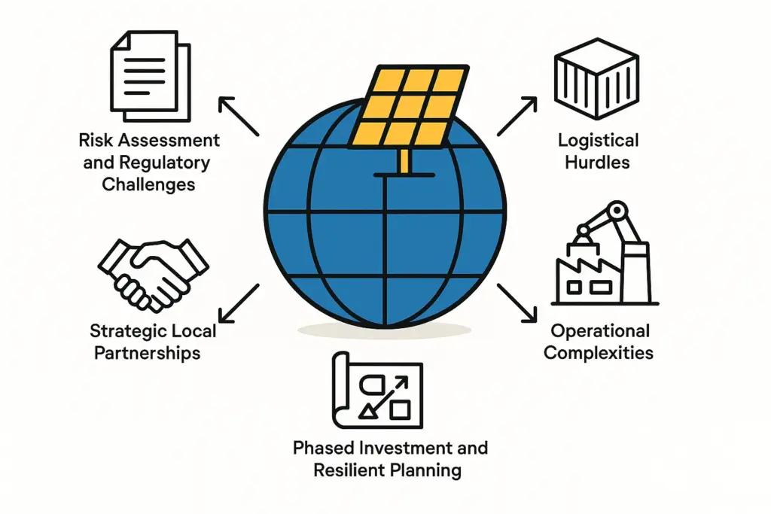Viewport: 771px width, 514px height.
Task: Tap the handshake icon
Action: (x=153, y=271)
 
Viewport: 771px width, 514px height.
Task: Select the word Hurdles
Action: (x=599, y=161)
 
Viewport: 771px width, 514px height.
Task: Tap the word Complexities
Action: (x=599, y=352)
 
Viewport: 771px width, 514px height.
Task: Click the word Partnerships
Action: (x=148, y=352)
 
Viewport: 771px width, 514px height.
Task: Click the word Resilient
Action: (x=347, y=472)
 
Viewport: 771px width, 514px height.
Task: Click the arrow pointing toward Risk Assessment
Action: (x=238, y=117)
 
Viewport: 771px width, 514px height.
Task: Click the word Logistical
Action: (x=599, y=139)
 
